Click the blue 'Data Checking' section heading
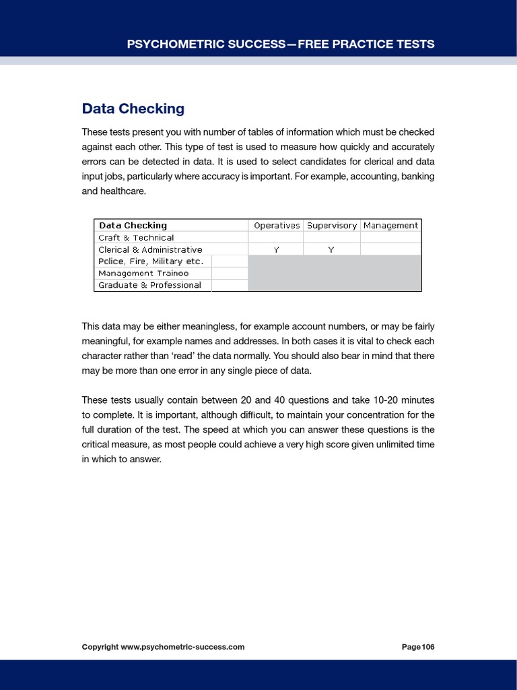[x=133, y=108]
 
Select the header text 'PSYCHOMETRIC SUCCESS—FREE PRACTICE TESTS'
[x=281, y=44]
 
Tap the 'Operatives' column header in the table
[x=276, y=226]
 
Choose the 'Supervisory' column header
[x=332, y=226]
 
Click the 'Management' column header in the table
[x=390, y=226]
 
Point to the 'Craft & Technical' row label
[x=136, y=238]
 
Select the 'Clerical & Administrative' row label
[x=150, y=249]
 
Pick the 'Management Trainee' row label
[x=143, y=273]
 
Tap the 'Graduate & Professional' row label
[x=149, y=285]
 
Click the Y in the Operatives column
[x=276, y=250]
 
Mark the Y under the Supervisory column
[x=331, y=250]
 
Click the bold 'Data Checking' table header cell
[x=133, y=226]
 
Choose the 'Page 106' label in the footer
[x=417, y=647]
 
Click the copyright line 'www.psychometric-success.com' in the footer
[x=182, y=647]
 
